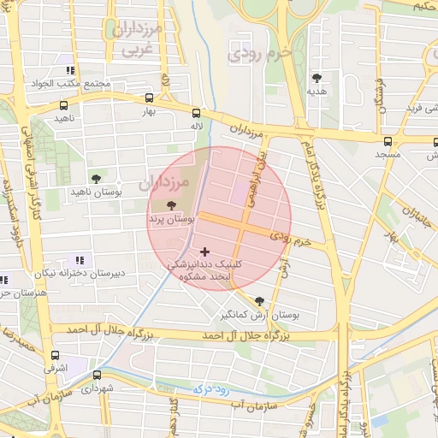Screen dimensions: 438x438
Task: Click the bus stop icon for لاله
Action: (x=197, y=113)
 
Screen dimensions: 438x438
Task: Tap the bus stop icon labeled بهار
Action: (x=151, y=98)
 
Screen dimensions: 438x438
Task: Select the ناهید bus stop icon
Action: (x=64, y=106)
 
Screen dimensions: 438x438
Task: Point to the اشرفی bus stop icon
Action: (x=56, y=355)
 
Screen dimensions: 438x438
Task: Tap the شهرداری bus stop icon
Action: (x=96, y=375)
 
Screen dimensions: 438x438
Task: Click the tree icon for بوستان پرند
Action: (x=172, y=205)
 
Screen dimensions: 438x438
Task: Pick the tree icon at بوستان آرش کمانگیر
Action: (x=259, y=300)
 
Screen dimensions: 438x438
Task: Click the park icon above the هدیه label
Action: (x=317, y=77)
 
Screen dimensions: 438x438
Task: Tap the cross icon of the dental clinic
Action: (x=204, y=252)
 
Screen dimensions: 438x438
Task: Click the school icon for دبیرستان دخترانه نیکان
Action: (x=80, y=260)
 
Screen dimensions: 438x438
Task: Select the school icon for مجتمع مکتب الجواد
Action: (x=70, y=70)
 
